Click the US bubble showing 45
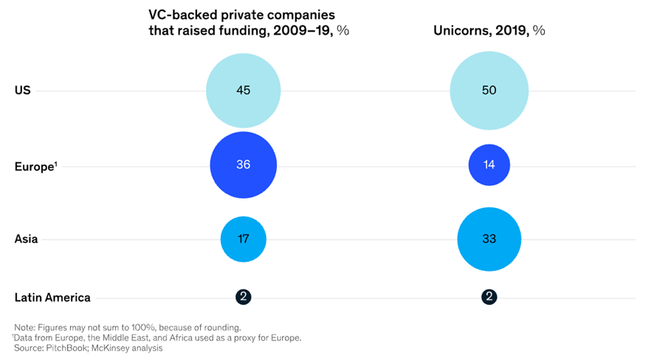(x=243, y=91)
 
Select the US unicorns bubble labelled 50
(x=489, y=91)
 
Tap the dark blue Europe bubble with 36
(x=243, y=165)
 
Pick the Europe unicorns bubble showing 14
(x=489, y=165)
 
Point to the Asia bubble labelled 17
(x=243, y=239)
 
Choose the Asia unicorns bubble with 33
(x=489, y=239)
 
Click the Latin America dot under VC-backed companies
(x=243, y=297)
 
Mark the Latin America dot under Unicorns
(x=489, y=297)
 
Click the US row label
(x=22, y=91)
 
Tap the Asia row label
(x=27, y=239)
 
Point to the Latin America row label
(x=52, y=298)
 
